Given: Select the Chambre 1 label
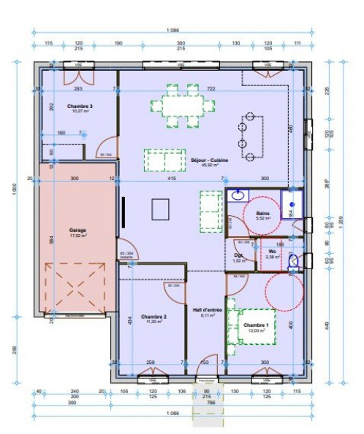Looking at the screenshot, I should [256, 325].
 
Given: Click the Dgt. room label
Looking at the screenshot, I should [238, 255].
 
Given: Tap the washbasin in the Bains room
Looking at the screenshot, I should [238, 195].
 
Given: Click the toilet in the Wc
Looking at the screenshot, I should [294, 260].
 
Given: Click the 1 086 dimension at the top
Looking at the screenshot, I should [173, 31].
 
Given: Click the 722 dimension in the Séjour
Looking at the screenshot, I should [211, 89].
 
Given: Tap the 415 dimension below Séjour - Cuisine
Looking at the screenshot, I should [171, 179].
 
